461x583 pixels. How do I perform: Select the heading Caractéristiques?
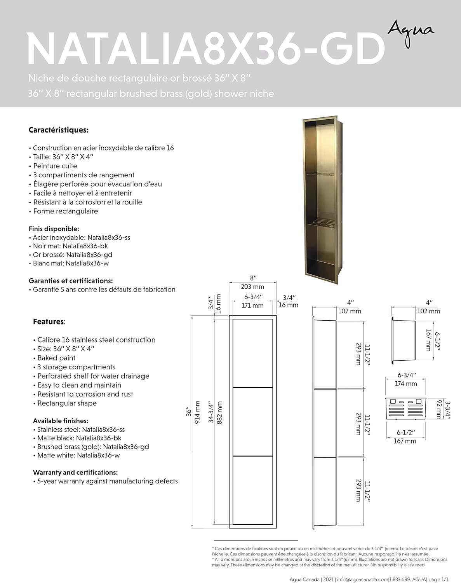click(x=59, y=130)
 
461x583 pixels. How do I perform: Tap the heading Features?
click(x=49, y=322)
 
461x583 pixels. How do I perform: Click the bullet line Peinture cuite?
click(x=55, y=166)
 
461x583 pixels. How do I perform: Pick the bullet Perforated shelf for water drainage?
click(x=93, y=376)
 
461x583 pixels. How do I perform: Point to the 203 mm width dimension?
click(x=252, y=287)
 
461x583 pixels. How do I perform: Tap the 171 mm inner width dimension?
click(x=252, y=305)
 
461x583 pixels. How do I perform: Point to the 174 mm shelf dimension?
click(x=406, y=384)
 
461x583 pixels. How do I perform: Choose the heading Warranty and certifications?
click(x=75, y=473)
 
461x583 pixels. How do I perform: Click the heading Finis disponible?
click(x=54, y=229)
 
